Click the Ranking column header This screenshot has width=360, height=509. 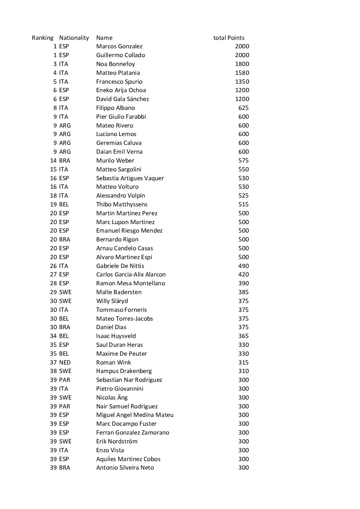(43, 38)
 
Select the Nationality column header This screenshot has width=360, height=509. (74, 38)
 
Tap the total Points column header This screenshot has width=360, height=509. (229, 38)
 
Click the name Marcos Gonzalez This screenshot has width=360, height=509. (119, 46)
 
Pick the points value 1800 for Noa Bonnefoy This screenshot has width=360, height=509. (242, 64)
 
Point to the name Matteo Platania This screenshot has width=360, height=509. (118, 73)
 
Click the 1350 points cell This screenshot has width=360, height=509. (242, 82)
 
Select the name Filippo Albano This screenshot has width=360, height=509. (115, 108)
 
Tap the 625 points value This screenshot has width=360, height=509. (243, 108)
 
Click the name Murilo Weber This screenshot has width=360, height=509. (115, 160)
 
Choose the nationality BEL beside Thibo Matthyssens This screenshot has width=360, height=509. (64, 204)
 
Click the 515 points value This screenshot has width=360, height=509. (243, 204)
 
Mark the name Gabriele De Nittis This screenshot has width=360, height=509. (120, 266)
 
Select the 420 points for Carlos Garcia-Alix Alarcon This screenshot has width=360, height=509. (243, 274)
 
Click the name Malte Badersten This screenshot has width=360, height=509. (119, 292)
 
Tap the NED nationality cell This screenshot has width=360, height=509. (65, 362)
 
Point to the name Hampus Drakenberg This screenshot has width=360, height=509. (124, 371)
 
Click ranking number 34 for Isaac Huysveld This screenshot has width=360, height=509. (53, 336)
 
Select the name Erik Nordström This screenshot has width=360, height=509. (117, 441)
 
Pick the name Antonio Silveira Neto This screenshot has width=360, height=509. (125, 468)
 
